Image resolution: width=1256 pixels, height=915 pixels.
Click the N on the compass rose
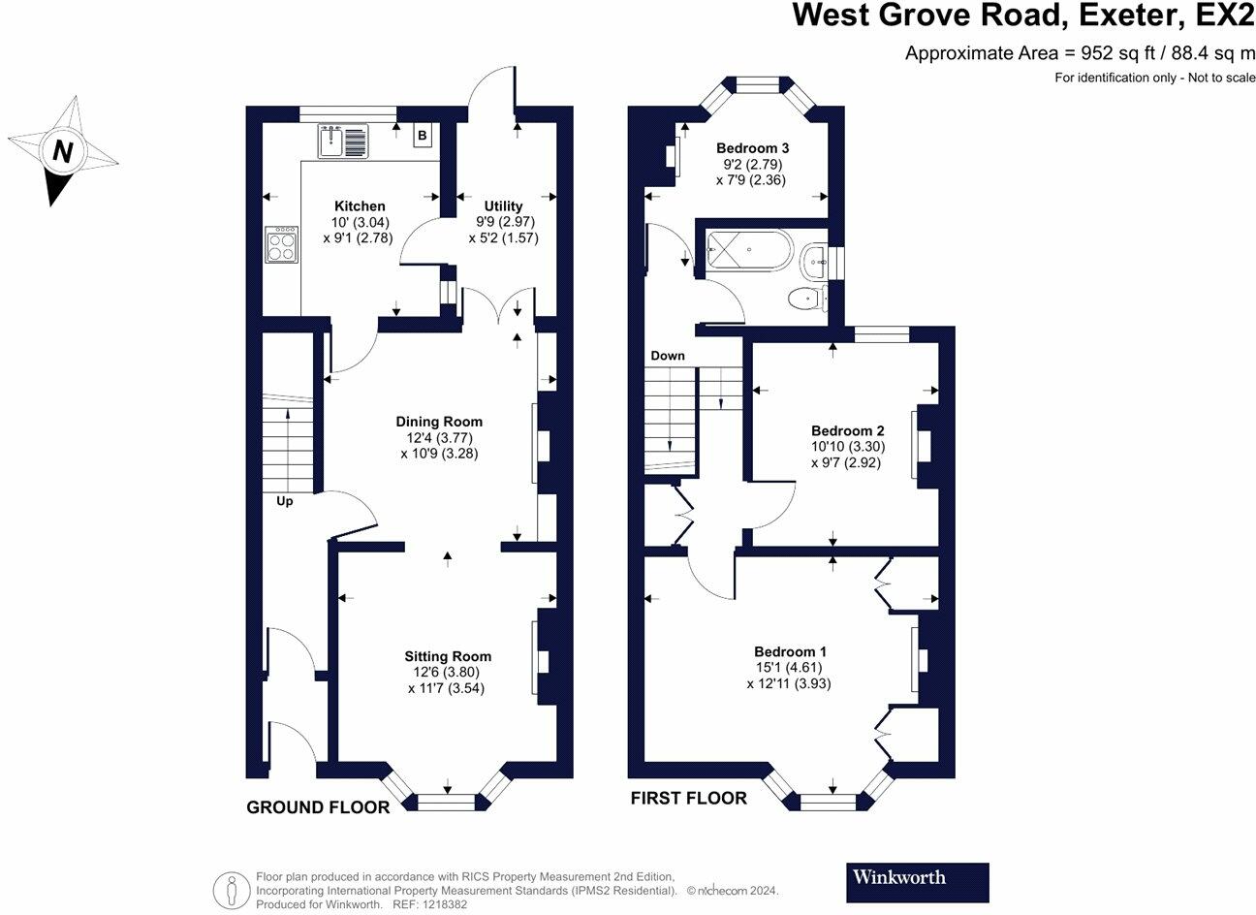(63, 151)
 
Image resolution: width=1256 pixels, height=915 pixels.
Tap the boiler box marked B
(423, 135)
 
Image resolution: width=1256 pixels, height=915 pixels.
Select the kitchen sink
(343, 142)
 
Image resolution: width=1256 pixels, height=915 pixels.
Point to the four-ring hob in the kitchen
(281, 244)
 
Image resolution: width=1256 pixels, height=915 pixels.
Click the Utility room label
(503, 205)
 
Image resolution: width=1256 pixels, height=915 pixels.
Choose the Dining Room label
(439, 422)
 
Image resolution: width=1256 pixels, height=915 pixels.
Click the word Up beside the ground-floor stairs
(284, 501)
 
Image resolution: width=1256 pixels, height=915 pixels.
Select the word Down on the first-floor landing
(667, 356)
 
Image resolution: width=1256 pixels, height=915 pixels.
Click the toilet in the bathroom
(808, 299)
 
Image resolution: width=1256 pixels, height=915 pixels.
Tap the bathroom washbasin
(815, 262)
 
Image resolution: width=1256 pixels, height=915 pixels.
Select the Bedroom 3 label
(752, 148)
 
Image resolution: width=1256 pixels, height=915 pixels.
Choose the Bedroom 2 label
(847, 430)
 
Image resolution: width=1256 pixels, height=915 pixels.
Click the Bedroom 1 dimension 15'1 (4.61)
(788, 667)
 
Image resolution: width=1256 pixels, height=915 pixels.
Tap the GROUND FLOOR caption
(318, 807)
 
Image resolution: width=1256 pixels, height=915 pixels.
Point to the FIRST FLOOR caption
(688, 798)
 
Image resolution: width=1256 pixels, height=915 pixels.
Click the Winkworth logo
(918, 882)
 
